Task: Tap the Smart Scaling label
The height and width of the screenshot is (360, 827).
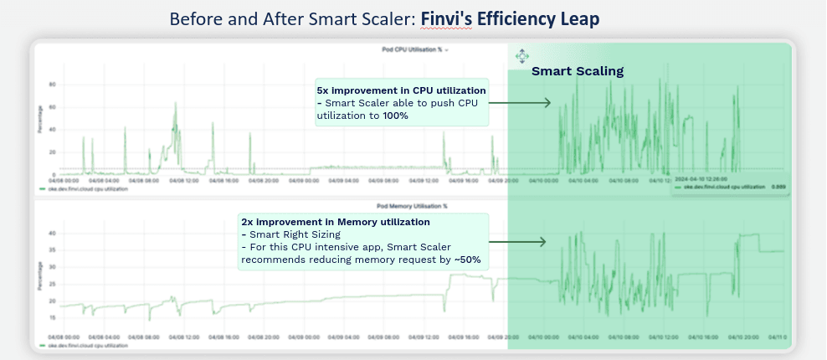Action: [578, 71]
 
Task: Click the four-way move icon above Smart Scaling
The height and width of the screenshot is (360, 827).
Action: [521, 57]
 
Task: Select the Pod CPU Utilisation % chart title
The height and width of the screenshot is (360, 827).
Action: [411, 50]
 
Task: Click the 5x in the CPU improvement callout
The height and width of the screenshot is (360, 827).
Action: [323, 90]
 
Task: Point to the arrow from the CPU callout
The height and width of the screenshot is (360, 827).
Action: [519, 103]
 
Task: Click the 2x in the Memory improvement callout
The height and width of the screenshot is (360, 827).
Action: [248, 222]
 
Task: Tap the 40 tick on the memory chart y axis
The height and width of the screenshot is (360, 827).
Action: [52, 233]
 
